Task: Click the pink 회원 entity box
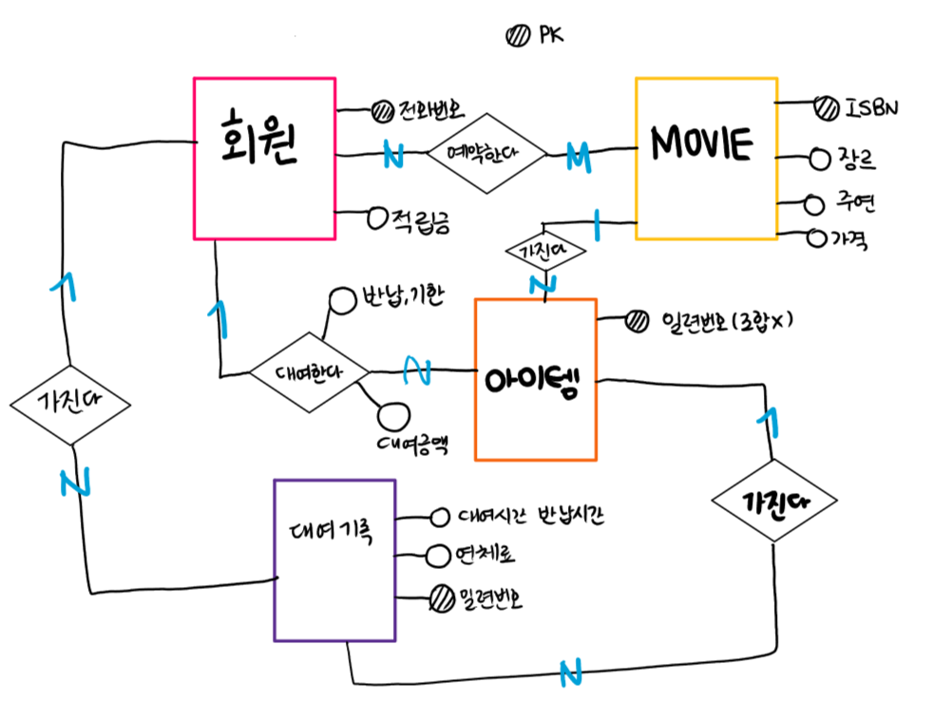[x=264, y=158]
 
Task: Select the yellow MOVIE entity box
[x=706, y=158]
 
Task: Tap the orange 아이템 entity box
[x=536, y=379]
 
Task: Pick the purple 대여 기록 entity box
[x=333, y=559]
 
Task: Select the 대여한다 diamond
[x=309, y=371]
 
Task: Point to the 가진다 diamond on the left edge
[x=71, y=404]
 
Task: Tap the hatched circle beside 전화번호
[x=381, y=111]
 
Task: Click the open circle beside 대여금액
[x=391, y=416]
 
